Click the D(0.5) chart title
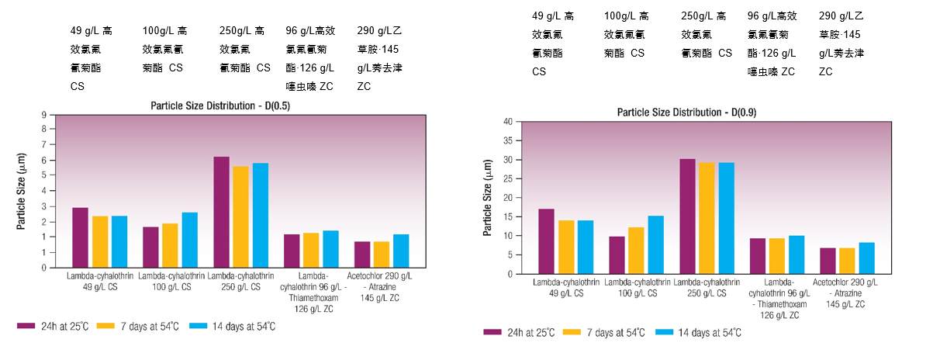(220, 106)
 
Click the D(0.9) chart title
(686, 112)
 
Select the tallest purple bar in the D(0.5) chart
(221, 212)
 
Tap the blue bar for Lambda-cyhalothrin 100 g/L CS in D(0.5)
(190, 240)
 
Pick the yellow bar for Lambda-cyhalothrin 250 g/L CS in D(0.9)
(707, 218)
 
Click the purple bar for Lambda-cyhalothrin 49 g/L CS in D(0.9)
(546, 241)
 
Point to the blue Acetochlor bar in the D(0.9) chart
(866, 258)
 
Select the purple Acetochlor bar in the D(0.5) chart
(362, 254)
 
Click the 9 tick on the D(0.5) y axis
(44, 115)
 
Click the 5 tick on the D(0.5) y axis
(44, 176)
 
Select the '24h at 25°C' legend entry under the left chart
(59, 327)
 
